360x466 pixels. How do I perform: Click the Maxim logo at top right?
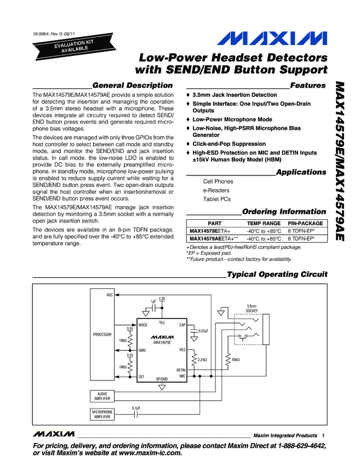pyautogui.click(x=273, y=38)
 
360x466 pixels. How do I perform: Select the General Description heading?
pyautogui.click(x=133, y=86)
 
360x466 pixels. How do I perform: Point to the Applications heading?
pyautogui.click(x=301, y=172)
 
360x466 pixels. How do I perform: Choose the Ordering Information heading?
pyautogui.click(x=284, y=212)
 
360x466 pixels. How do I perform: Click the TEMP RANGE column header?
pyautogui.click(x=264, y=224)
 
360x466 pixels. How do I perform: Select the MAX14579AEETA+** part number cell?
pyautogui.click(x=214, y=239)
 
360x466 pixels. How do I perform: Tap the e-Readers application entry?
pyautogui.click(x=217, y=190)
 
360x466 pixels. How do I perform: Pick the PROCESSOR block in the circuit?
pyautogui.click(x=102, y=334)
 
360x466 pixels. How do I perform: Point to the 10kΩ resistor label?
pyautogui.click(x=236, y=360)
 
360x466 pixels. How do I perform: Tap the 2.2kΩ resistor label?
pyautogui.click(x=202, y=360)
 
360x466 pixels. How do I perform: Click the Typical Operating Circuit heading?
pyautogui.click(x=277, y=274)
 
